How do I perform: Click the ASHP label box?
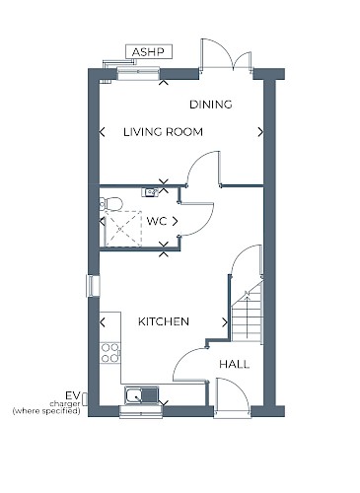[x=149, y=52]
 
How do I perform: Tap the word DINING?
[x=211, y=105]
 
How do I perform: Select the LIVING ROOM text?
[x=163, y=132]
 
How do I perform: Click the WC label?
[x=157, y=221]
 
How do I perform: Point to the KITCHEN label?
[x=164, y=321]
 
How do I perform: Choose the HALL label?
[x=235, y=364]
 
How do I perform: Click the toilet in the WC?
[x=110, y=204]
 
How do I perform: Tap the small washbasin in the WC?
[x=150, y=192]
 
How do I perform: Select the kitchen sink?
[x=141, y=394]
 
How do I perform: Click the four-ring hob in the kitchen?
[x=110, y=353]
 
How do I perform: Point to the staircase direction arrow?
[x=247, y=316]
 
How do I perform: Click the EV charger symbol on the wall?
[x=85, y=398]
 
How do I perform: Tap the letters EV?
[x=73, y=395]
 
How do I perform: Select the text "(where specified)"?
[x=46, y=411]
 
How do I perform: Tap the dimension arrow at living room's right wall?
[x=260, y=132]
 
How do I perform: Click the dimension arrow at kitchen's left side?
[x=103, y=322]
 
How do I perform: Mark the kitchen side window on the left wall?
[x=93, y=286]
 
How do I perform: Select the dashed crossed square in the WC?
[x=123, y=229]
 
